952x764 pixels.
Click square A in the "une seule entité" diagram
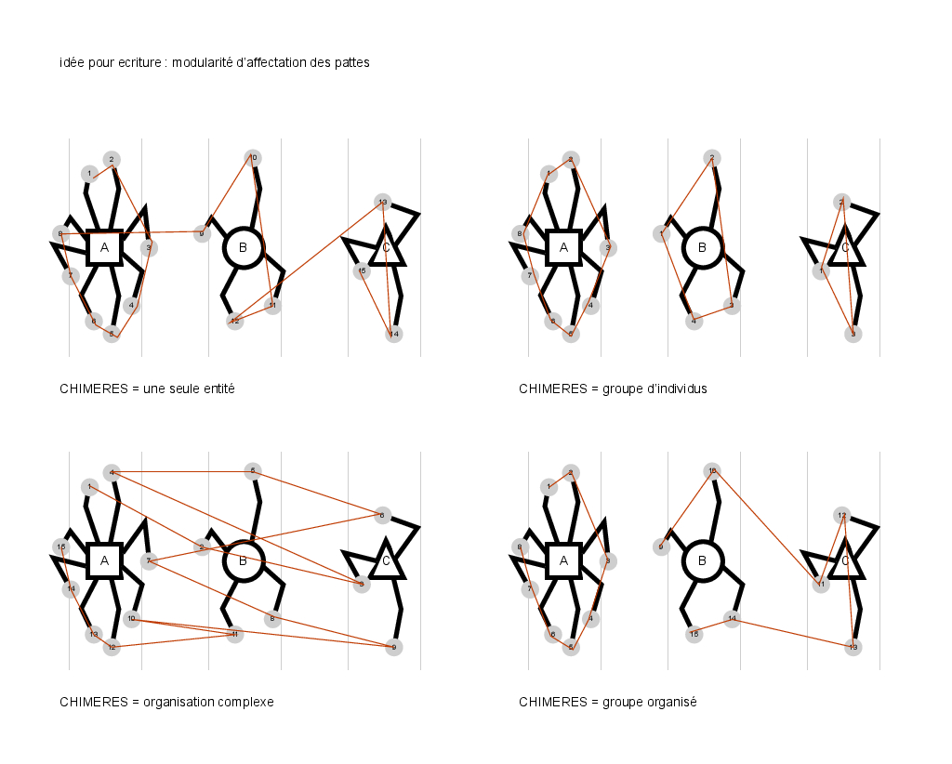click(x=104, y=247)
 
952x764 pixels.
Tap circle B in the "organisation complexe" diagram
click(x=244, y=560)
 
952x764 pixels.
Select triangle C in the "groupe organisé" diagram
click(x=845, y=560)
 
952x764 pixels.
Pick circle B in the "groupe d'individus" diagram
click(x=703, y=247)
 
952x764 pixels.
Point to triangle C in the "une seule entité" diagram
click(x=386, y=247)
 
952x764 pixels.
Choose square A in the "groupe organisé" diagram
click(x=563, y=560)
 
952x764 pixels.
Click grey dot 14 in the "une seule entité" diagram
click(x=394, y=335)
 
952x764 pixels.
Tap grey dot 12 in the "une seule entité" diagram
click(x=234, y=321)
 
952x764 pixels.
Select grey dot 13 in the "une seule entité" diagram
click(x=382, y=202)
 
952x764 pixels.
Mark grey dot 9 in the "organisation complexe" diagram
click(x=394, y=648)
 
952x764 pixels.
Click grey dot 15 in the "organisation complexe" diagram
click(x=60, y=547)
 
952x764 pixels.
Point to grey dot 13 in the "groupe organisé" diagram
click(x=853, y=647)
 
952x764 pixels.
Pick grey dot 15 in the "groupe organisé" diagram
click(x=694, y=634)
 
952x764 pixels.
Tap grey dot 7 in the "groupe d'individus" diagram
click(x=529, y=275)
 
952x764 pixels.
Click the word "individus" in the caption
click(x=681, y=389)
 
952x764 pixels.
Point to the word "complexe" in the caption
click(x=245, y=703)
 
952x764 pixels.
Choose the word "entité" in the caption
click(x=215, y=389)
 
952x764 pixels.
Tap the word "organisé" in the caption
click(x=671, y=703)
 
